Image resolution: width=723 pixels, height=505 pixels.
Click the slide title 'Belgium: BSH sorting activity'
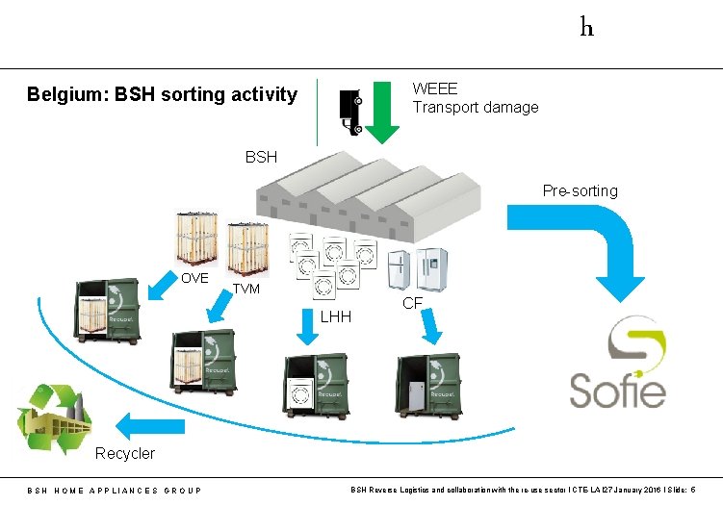pyautogui.click(x=162, y=94)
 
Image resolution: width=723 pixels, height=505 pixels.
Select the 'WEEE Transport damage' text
pyautogui.click(x=475, y=98)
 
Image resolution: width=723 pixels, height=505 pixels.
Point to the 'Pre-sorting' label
pyautogui.click(x=580, y=190)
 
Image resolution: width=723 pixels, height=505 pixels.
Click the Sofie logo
pyautogui.click(x=616, y=366)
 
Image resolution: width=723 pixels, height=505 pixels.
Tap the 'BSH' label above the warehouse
pyautogui.click(x=261, y=156)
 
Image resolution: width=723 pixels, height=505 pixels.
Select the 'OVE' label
pyautogui.click(x=194, y=278)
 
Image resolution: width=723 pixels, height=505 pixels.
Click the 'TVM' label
pyautogui.click(x=246, y=289)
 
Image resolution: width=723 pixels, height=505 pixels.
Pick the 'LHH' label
pyautogui.click(x=336, y=317)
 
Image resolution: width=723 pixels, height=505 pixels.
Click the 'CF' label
pyautogui.click(x=412, y=303)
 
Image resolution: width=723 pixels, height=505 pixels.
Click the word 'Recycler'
pyautogui.click(x=124, y=453)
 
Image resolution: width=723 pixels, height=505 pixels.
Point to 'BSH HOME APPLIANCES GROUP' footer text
pyautogui.click(x=114, y=491)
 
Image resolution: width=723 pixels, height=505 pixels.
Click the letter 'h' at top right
pyautogui.click(x=586, y=27)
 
